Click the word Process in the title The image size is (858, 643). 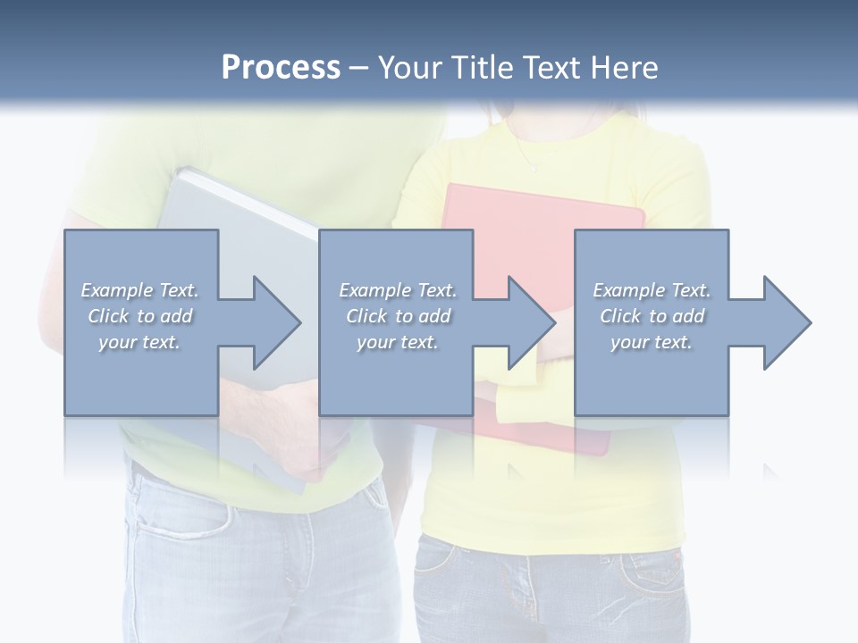(281, 68)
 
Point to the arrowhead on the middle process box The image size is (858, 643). (526, 322)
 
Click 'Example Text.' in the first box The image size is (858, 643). (139, 290)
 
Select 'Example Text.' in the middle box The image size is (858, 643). (398, 290)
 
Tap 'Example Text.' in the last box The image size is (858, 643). (652, 290)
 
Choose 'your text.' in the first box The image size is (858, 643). (139, 342)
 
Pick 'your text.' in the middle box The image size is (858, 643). (398, 342)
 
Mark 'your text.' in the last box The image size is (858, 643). (652, 342)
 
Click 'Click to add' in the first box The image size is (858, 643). (139, 316)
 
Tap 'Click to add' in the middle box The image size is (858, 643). (398, 316)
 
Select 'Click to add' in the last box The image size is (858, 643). (652, 316)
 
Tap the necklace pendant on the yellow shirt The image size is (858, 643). (534, 168)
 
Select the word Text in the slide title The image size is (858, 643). (555, 68)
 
